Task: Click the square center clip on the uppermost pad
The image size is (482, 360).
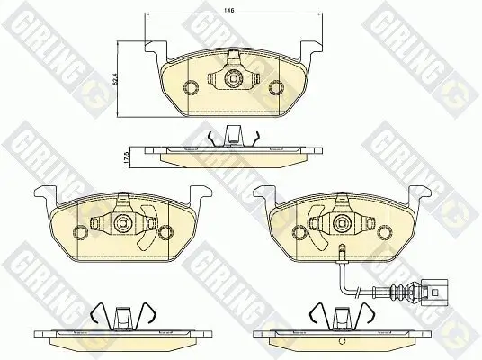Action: [233, 78]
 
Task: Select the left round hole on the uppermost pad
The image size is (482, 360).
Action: [191, 88]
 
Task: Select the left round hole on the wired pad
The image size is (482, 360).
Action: [299, 232]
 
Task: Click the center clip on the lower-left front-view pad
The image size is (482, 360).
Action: [122, 221]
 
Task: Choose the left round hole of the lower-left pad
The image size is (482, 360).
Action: [79, 232]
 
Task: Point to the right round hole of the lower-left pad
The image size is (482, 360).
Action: [165, 232]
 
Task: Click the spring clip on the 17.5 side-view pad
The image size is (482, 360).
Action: [233, 136]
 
